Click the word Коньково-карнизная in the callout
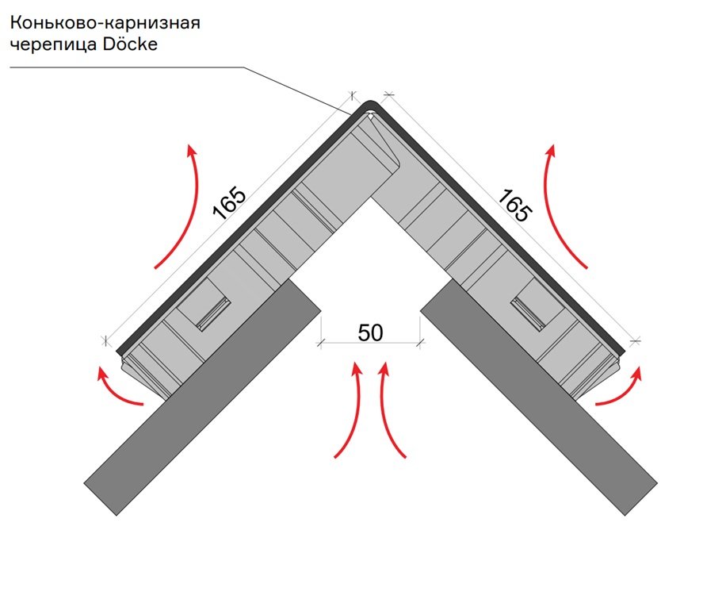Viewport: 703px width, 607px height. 105,23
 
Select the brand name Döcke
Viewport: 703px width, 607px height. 130,44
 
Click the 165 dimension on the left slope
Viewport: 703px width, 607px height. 230,202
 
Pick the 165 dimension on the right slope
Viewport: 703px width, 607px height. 515,206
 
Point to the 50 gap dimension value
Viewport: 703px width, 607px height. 370,332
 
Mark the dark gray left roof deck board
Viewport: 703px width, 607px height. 203,398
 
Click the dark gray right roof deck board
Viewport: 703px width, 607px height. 539,398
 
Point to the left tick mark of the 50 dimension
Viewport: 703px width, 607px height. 320,344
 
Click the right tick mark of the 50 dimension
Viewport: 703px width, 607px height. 420,344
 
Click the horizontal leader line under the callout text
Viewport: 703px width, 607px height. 127,67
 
